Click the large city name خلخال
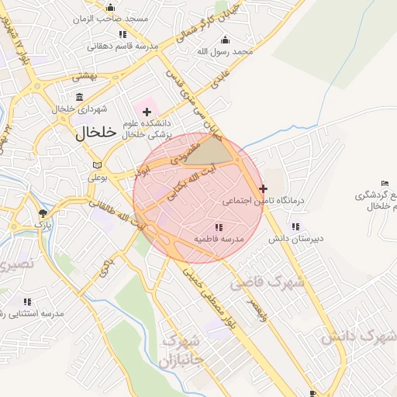[x=96, y=133]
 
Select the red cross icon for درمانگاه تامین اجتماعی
[x=264, y=188]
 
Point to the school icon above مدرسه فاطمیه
[x=219, y=227]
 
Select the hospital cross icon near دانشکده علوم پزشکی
[x=147, y=112]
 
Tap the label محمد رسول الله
[x=225, y=52]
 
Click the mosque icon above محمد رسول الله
[x=226, y=40]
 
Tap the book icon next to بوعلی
[x=96, y=165]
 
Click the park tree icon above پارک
[x=43, y=212]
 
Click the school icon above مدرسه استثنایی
[x=27, y=302]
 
